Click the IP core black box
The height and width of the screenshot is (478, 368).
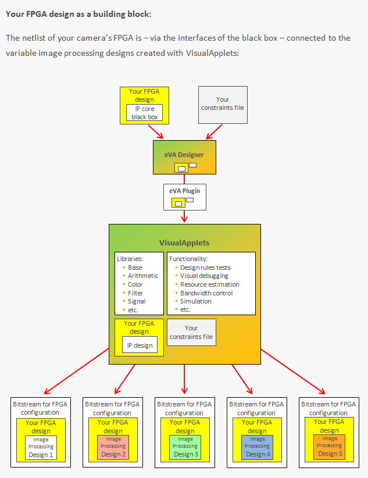145,113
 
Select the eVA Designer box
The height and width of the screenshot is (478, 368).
184,158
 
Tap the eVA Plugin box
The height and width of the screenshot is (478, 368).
185,197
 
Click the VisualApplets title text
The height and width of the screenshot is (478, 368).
184,242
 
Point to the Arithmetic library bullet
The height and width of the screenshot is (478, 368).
143,276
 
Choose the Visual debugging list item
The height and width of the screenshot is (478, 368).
204,276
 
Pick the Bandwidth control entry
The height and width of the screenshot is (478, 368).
206,293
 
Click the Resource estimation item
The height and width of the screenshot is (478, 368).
210,284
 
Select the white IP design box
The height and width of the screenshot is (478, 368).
140,345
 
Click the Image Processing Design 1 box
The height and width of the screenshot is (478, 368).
41,448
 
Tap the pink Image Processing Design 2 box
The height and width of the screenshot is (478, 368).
113,447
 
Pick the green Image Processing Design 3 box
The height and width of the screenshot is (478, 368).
185,447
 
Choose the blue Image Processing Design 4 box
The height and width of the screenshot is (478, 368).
258,447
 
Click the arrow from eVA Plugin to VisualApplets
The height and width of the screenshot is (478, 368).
184,216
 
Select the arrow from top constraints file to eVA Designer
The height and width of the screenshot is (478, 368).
214,132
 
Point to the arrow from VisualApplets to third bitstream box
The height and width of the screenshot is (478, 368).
184,379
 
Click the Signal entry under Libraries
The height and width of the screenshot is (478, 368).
137,301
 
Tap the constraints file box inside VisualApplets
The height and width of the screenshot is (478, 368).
191,332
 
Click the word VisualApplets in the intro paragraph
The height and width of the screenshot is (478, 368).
212,53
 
